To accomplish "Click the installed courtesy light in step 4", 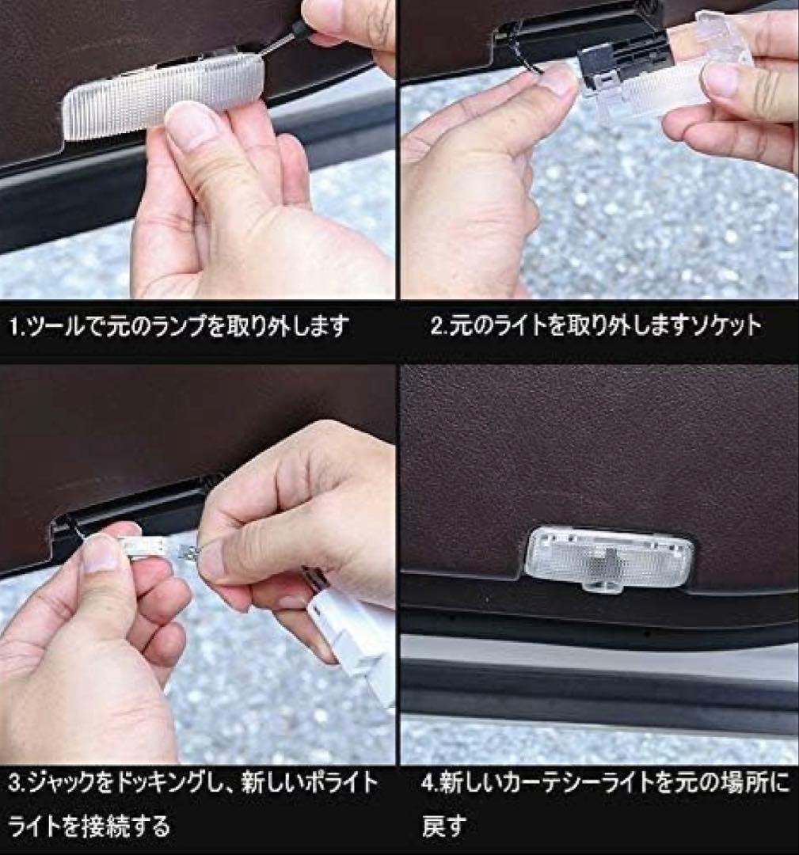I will tap(608, 557).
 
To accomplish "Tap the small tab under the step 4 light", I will tap(603, 587).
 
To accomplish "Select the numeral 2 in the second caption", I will tap(436, 326).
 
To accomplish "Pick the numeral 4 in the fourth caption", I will tap(428, 784).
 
